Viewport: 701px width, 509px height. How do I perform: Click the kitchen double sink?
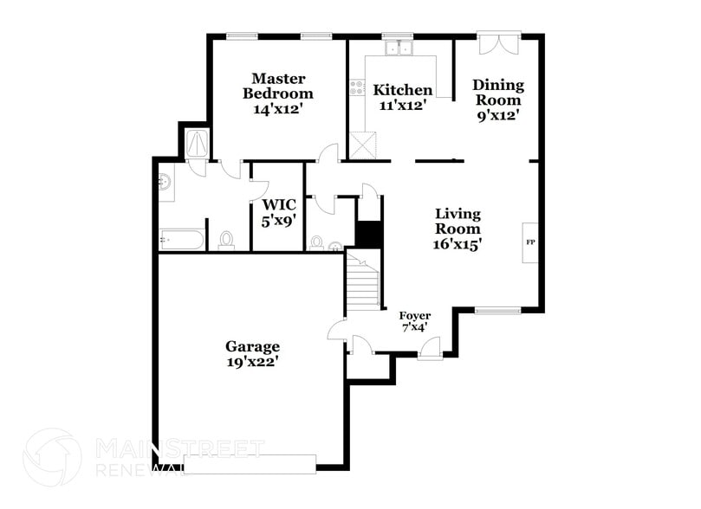coord(399,49)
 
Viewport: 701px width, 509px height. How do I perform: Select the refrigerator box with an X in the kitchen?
coord(362,145)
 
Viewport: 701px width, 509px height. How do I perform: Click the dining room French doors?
coord(499,42)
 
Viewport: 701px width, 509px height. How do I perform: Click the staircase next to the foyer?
coord(363,280)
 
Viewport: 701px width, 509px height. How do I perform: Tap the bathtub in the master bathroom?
coord(181,238)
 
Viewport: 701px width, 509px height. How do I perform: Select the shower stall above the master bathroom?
coord(196,143)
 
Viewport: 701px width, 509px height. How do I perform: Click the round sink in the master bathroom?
coord(165,181)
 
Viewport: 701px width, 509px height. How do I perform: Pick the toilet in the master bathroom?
coord(227,239)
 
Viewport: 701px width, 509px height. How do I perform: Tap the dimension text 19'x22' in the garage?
coord(253,362)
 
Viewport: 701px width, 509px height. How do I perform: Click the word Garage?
coord(253,346)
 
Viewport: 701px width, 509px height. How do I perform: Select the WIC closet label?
coord(279,204)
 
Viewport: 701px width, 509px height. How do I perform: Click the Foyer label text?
coord(413,315)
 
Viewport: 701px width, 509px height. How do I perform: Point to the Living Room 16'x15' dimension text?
coord(458,244)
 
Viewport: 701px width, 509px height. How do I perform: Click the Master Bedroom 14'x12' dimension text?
coord(277,109)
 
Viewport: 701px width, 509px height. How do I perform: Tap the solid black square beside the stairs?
coord(369,234)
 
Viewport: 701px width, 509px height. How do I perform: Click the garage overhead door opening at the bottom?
coord(251,464)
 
